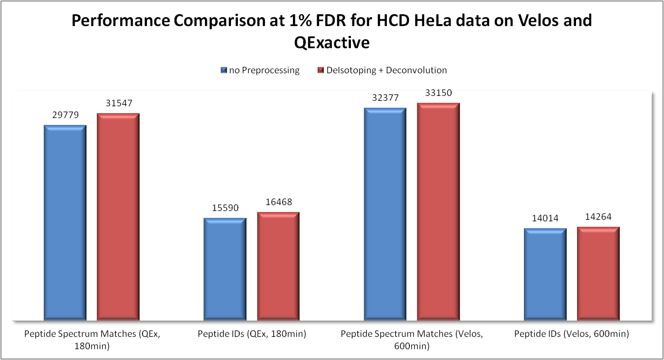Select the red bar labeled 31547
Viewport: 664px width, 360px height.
118,216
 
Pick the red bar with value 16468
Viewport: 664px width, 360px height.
278,266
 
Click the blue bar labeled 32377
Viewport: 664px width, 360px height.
385,214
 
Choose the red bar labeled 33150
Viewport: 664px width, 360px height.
438,211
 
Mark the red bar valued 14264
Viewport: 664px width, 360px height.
598,273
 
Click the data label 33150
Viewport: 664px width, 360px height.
438,93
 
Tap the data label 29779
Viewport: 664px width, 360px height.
65,116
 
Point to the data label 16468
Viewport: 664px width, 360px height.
278,203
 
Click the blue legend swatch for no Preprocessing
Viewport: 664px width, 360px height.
224,70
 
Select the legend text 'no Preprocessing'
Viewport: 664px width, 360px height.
264,70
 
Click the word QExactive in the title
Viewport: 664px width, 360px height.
332,43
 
